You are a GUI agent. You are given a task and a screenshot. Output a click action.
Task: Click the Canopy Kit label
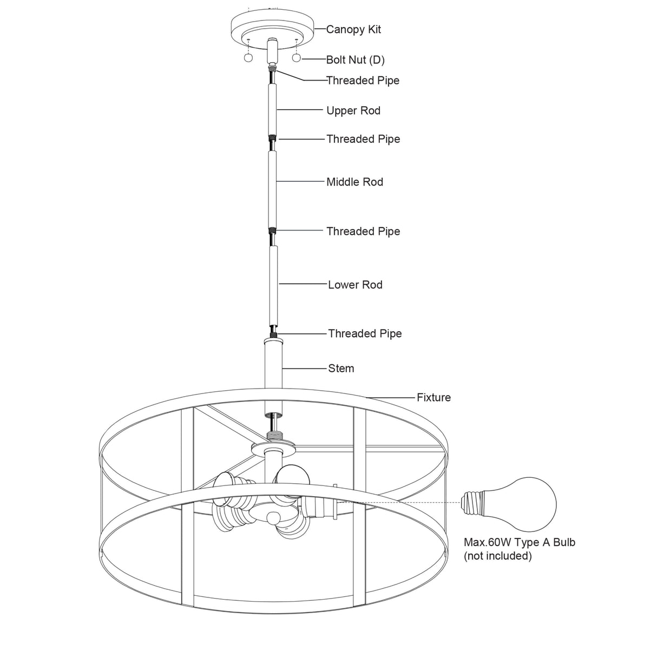coord(353,29)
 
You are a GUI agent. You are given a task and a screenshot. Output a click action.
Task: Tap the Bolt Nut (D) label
coord(355,60)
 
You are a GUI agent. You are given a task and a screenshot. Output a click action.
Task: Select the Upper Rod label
coord(353,111)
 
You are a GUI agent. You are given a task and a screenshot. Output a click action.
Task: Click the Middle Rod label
coord(354,182)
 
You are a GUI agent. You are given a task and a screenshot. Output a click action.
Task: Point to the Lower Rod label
coord(355,285)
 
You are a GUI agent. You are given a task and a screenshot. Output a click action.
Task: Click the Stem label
coord(341,369)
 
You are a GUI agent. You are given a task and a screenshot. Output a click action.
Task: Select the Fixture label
coord(433,398)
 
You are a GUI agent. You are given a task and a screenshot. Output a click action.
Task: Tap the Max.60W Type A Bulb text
coord(520,542)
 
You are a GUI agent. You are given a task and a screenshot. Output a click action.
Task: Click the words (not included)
coord(497,556)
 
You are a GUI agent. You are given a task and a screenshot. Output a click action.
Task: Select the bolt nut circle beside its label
coord(297,58)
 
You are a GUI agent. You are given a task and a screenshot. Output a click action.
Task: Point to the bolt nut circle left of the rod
coord(248,58)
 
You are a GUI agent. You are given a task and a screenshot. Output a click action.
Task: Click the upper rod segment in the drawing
coord(273,108)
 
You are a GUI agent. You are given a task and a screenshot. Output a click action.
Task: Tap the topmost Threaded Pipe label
coord(363,81)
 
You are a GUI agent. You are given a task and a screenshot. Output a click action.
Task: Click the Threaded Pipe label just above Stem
coord(365,334)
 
